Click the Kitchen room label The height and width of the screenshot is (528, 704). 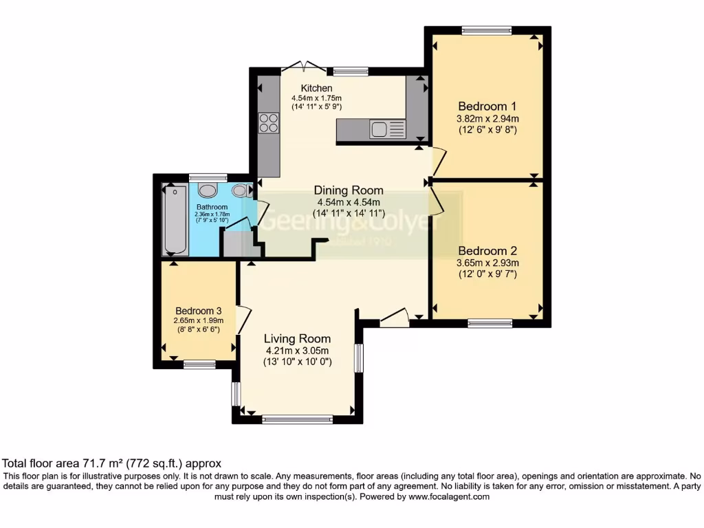[x=316, y=88]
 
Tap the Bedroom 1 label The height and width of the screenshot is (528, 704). [x=487, y=107]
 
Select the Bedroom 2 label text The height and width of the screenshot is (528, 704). [x=487, y=251]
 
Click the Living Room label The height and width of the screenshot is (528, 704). [x=298, y=338]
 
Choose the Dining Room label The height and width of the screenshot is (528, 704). [x=349, y=190]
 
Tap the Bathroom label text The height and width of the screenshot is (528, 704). [x=212, y=207]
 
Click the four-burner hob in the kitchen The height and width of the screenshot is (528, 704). [x=269, y=123]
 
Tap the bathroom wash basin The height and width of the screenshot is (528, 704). [x=207, y=190]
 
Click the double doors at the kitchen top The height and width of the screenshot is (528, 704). [x=303, y=67]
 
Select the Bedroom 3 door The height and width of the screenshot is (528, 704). [x=243, y=320]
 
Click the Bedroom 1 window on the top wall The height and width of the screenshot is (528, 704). [x=487, y=30]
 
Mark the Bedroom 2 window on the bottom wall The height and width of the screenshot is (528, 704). [x=490, y=322]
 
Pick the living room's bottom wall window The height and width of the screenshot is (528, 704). [x=297, y=419]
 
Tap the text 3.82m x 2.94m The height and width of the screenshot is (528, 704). [x=487, y=118]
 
